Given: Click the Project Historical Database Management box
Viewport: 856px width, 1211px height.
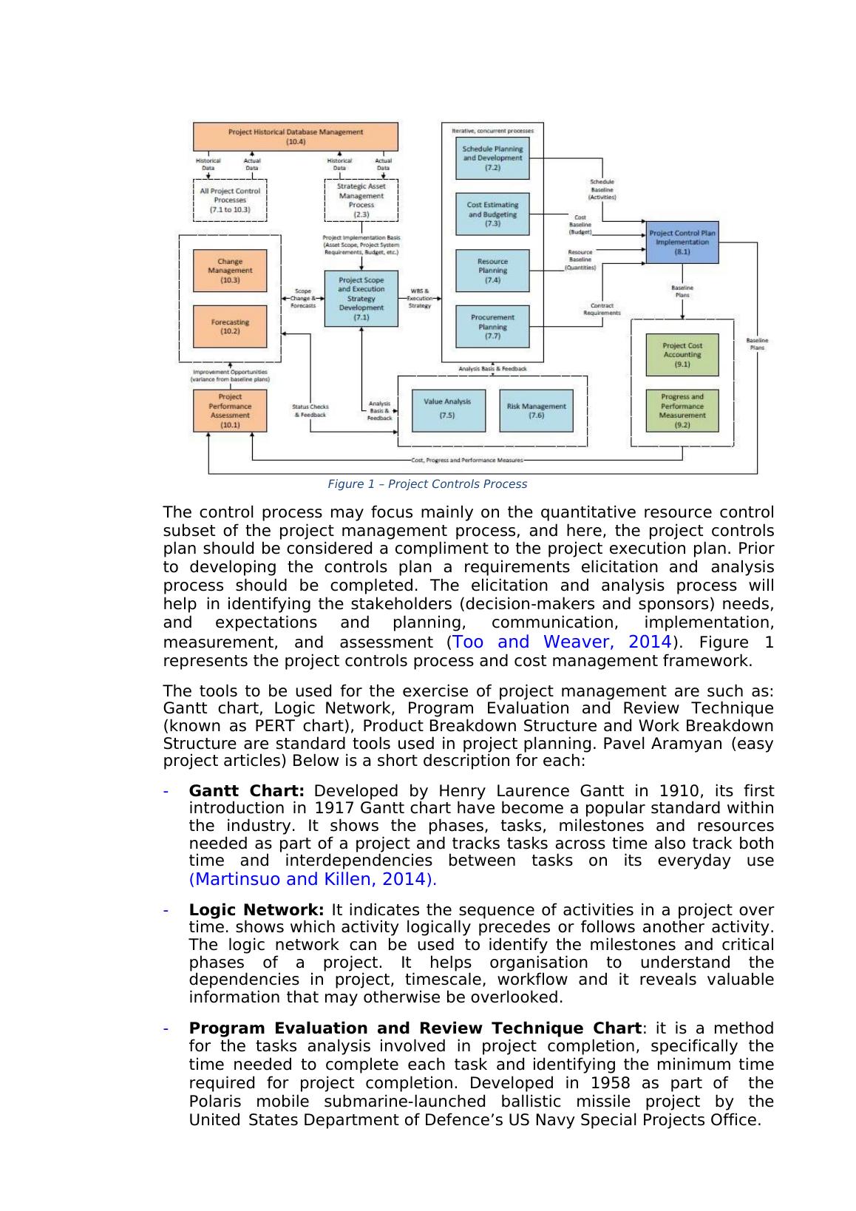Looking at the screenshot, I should [x=296, y=136].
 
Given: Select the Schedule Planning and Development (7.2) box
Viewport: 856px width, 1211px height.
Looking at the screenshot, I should [x=492, y=157].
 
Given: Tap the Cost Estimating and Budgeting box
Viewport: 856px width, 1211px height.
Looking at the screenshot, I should [x=492, y=214].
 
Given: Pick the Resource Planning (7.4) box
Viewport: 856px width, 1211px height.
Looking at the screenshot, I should [x=492, y=271].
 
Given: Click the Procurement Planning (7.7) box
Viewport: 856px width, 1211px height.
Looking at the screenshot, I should [x=492, y=326].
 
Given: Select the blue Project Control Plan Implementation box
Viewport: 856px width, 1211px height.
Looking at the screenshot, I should [x=682, y=242].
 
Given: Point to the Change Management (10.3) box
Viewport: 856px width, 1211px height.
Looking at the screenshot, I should [x=230, y=271].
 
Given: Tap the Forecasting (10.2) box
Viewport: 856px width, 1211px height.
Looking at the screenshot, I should [x=230, y=326].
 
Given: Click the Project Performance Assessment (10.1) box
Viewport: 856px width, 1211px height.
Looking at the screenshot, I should [x=230, y=410].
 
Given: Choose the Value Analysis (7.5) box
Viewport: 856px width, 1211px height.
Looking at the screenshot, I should [x=448, y=410].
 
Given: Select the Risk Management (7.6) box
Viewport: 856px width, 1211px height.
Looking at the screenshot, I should [x=536, y=410].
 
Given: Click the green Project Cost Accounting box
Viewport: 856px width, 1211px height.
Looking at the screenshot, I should [x=682, y=354].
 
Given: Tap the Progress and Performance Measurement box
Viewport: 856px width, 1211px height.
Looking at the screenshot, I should [x=682, y=410].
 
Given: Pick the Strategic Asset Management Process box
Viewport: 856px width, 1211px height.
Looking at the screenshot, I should [x=361, y=200].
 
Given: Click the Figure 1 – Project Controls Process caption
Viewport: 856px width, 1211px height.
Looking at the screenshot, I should [x=427, y=484].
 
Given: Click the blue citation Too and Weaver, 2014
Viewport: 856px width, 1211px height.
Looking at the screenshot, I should [x=563, y=642].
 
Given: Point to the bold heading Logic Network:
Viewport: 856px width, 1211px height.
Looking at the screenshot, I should [x=257, y=909].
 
